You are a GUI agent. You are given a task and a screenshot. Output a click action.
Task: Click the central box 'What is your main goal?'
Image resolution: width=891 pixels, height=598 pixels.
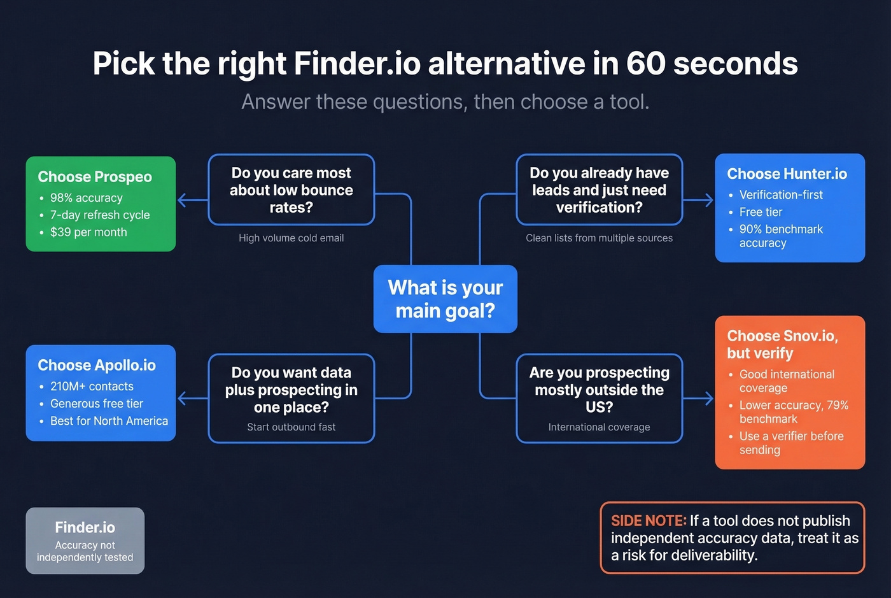(x=445, y=299)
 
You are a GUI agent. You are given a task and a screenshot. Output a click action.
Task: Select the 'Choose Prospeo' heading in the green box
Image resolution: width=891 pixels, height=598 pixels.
(x=95, y=176)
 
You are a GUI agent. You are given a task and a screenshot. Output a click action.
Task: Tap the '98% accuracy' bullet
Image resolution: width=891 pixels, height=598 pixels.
(x=86, y=198)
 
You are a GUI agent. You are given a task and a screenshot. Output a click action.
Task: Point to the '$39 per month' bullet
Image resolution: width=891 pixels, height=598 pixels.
(x=88, y=232)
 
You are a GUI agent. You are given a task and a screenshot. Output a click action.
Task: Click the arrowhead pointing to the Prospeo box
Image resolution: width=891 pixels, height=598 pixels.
(x=182, y=200)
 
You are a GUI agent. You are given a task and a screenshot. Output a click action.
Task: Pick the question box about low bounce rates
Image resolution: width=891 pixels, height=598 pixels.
(x=291, y=190)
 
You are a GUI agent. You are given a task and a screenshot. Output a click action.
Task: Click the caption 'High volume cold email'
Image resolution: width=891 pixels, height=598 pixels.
(x=291, y=238)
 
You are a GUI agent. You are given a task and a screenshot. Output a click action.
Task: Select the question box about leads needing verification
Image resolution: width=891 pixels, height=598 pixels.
(x=599, y=190)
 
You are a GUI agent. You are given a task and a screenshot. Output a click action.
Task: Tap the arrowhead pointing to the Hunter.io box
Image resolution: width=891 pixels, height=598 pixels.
(x=708, y=200)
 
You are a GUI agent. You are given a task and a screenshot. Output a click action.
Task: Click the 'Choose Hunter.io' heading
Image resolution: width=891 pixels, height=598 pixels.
(x=787, y=174)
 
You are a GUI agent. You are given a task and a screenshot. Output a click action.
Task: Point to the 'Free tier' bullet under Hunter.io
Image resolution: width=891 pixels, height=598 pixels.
(x=761, y=212)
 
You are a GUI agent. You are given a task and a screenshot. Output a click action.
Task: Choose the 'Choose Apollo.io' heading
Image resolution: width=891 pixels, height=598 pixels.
(x=97, y=365)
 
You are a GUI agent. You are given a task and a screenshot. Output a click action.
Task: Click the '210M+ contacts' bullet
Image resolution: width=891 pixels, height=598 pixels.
(x=92, y=387)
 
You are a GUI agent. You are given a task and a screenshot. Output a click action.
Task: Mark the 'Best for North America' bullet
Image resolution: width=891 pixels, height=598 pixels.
(x=109, y=421)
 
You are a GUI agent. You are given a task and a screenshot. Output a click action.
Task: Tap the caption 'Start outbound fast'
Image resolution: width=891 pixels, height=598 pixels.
(x=291, y=427)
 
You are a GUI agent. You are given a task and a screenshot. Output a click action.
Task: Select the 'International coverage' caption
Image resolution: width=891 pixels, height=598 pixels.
(x=599, y=427)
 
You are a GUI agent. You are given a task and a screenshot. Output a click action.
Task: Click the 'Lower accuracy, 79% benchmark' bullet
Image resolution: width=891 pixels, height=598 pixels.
(x=793, y=412)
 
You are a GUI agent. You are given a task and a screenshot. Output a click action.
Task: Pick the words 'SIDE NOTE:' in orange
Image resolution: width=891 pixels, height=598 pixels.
(x=649, y=521)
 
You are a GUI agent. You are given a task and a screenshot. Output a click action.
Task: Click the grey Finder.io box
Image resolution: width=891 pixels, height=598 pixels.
(x=85, y=541)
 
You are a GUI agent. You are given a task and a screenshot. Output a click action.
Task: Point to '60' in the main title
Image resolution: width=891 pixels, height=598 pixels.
(x=645, y=64)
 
